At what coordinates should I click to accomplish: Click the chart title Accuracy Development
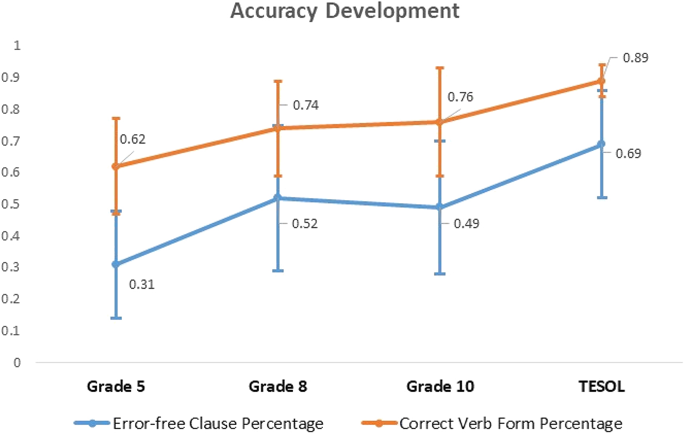(x=344, y=11)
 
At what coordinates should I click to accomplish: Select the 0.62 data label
(x=133, y=139)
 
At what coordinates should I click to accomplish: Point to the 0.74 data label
(x=306, y=105)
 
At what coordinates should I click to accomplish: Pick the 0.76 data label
(x=460, y=97)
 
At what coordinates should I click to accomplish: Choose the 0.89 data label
(x=635, y=58)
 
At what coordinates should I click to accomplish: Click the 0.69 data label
(x=628, y=153)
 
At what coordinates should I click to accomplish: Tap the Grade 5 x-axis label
(x=116, y=387)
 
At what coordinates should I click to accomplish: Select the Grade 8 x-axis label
(x=278, y=387)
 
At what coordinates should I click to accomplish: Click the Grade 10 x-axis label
(x=440, y=387)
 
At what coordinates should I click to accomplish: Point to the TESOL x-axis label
(x=602, y=387)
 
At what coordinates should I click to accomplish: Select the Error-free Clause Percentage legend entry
(x=199, y=423)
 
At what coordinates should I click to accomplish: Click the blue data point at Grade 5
(x=116, y=264)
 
